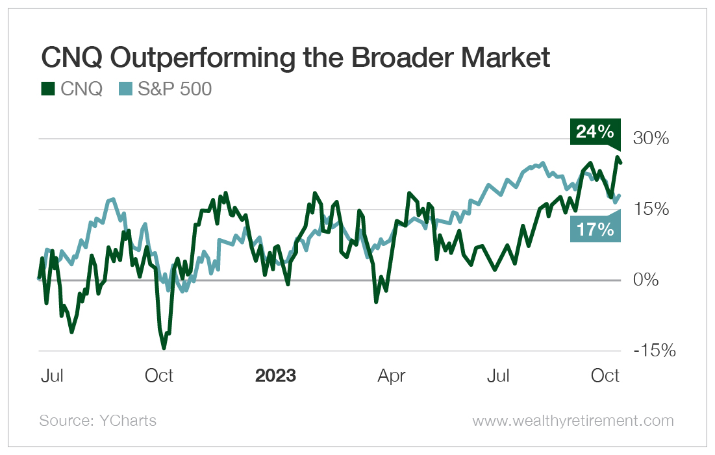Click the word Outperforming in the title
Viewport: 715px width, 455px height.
210,59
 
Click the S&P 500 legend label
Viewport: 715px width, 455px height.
175,89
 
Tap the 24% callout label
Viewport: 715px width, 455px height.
594,132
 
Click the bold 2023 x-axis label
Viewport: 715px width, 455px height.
275,376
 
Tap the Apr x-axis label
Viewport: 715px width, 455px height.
392,376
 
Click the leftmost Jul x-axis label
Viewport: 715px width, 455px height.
51,376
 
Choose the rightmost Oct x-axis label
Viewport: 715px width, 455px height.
605,376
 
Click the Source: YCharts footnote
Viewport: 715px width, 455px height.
98,421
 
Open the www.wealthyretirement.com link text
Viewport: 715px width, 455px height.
573,421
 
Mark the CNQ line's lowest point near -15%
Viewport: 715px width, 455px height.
164,348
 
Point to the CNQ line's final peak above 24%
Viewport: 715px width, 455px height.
616,157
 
